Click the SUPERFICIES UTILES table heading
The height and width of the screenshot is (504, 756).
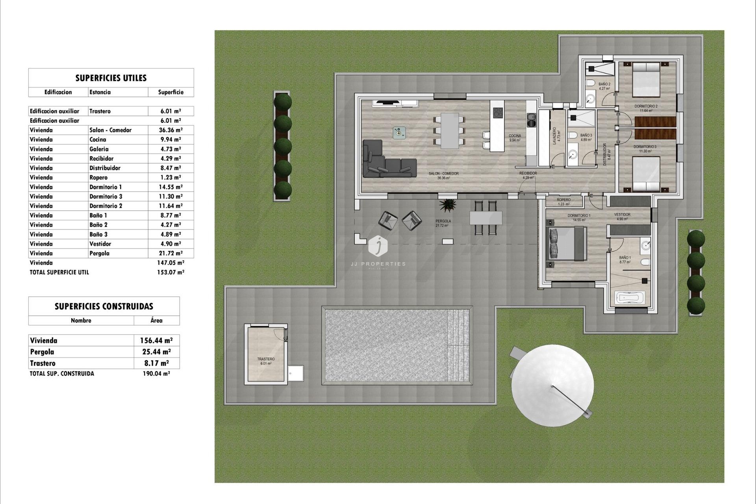[111, 78]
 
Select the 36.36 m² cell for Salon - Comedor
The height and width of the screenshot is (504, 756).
[170, 130]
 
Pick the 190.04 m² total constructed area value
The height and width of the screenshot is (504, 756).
[156, 374]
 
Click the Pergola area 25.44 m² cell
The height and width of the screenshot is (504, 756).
[156, 352]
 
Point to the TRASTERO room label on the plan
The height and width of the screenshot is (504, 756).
[266, 359]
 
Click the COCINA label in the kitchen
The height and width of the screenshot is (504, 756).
[515, 136]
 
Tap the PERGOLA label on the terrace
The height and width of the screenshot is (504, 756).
[443, 221]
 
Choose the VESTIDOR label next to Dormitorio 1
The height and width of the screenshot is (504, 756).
[622, 215]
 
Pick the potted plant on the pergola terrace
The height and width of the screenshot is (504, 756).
[448, 205]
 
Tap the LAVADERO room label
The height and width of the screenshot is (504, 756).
[554, 135]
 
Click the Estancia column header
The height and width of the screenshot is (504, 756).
[100, 92]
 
